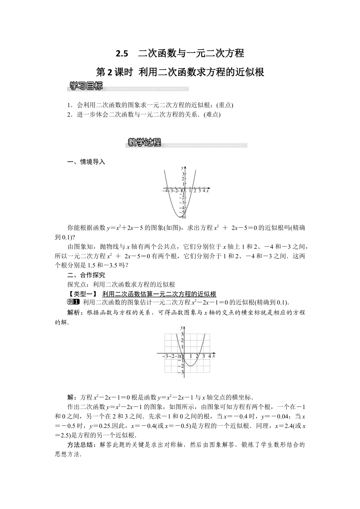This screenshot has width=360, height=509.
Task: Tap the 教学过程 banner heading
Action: tap(144, 143)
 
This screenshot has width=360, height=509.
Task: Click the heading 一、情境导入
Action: tap(86, 162)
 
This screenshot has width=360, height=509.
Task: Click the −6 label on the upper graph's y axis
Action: tap(183, 217)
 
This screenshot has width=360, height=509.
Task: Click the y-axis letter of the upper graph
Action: tap(182, 167)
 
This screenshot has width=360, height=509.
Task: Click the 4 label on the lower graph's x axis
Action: tap(209, 356)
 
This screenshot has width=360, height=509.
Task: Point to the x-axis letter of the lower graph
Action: tap(214, 356)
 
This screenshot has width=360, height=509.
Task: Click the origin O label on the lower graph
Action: tap(182, 357)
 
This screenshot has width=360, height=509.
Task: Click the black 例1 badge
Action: tap(73, 302)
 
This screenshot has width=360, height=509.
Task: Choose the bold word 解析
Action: tap(73, 312)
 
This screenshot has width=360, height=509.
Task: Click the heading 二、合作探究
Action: tap(86, 275)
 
